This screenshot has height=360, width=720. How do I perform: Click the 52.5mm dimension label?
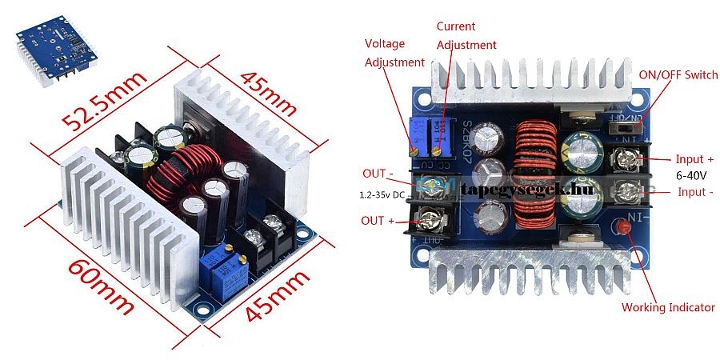105,101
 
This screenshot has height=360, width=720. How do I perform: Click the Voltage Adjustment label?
394,52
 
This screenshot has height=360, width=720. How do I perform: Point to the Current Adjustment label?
466,36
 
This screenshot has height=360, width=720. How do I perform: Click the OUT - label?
378,173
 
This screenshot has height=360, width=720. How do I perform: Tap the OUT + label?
378,220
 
